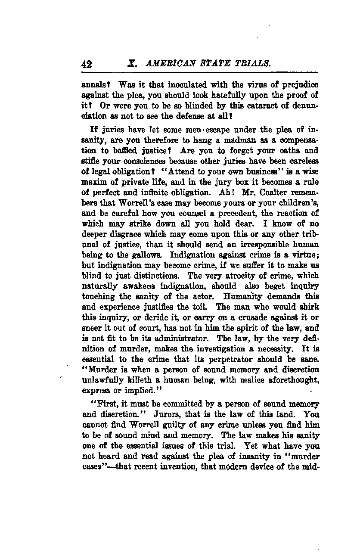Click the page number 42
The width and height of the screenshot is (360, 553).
coord(87,65)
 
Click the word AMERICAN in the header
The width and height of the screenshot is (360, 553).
coord(168,64)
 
